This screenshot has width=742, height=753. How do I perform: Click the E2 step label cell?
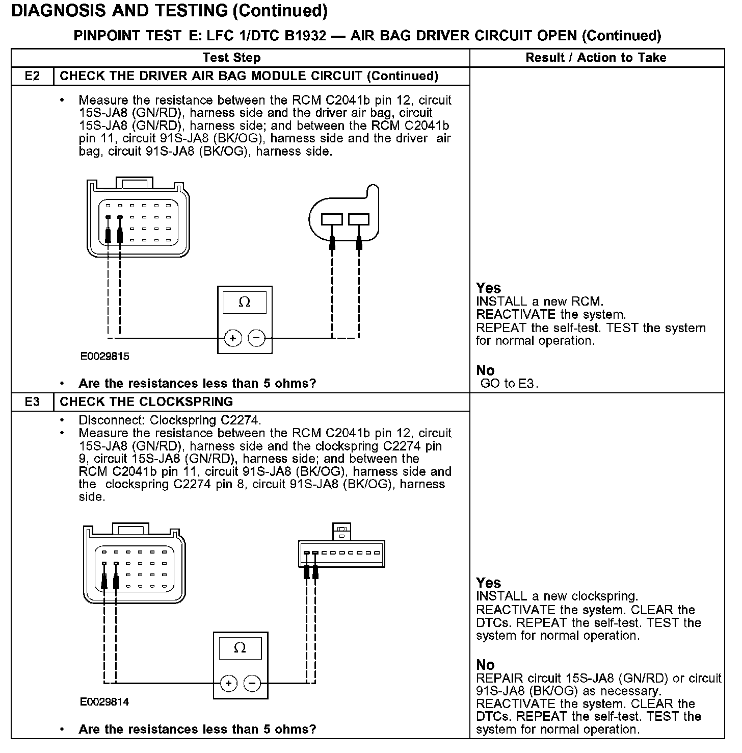tap(32, 76)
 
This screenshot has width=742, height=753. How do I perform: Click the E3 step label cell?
tap(32, 401)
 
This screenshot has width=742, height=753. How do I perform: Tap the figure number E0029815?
tap(104, 357)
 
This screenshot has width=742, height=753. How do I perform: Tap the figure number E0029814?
tap(104, 701)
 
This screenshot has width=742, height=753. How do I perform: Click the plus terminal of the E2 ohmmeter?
tap(233, 338)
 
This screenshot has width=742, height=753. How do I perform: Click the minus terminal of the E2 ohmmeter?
tap(256, 338)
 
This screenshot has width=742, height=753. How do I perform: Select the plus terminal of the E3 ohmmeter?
tap(228, 683)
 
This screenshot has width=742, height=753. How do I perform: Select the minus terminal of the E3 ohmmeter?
tap(252, 683)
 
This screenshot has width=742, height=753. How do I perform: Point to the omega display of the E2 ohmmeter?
tap(245, 303)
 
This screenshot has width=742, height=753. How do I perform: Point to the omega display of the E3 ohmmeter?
tap(240, 648)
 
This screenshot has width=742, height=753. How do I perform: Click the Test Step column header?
tap(231, 58)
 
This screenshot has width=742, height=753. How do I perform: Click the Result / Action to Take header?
tap(596, 58)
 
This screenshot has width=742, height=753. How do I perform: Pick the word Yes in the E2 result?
tap(488, 288)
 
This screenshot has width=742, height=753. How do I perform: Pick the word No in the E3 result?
tap(485, 665)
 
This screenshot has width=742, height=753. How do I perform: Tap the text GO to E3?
tap(509, 384)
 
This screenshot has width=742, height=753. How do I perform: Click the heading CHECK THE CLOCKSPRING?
tap(146, 401)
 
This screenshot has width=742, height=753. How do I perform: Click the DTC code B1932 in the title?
tap(304, 36)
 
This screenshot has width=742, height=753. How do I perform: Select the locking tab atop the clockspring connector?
tap(341, 531)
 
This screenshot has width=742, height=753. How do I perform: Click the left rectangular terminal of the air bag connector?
tap(332, 219)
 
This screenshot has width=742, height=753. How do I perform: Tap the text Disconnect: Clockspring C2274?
tap(170, 420)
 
